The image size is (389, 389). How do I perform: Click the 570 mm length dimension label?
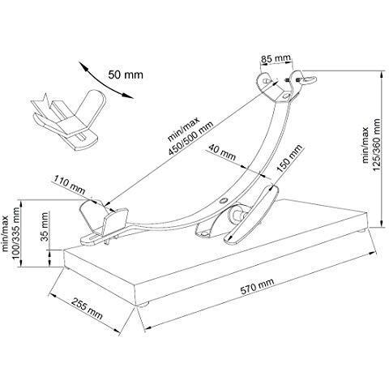coord(257,286)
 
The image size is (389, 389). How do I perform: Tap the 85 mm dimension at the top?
coord(276,58)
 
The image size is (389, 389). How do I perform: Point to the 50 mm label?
coord(126,75)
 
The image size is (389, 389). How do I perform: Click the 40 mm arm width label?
coord(222,152)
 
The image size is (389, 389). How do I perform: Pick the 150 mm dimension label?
coord(289,158)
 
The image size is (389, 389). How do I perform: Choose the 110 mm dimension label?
coord(70,185)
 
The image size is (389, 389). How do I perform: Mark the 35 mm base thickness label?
coord(45,226)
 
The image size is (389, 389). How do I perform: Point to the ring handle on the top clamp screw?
coord(309,79)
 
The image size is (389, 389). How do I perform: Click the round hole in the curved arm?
coord(223,200)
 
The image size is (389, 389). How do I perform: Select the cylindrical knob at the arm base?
coord(236,213)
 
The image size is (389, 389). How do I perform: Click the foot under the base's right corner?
coord(362,230)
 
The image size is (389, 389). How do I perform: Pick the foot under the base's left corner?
coord(66,268)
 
